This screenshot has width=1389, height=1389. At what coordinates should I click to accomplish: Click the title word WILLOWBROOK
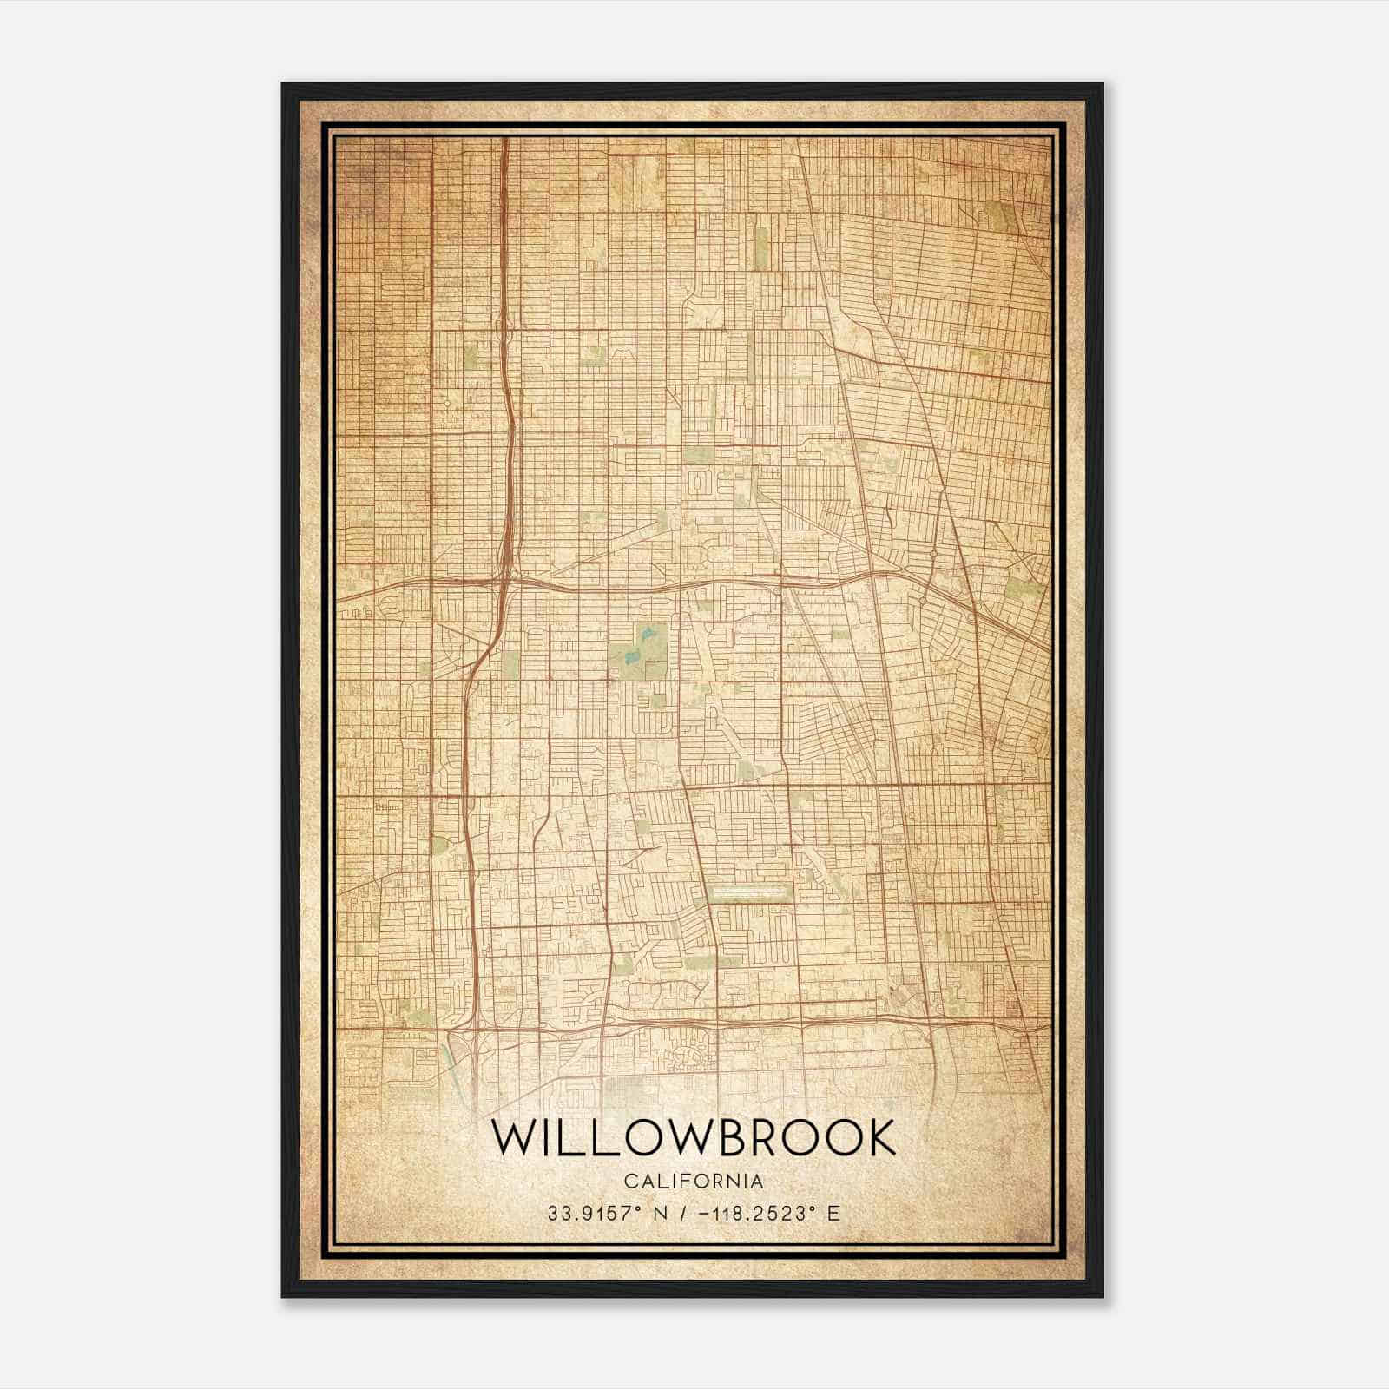coord(694,1137)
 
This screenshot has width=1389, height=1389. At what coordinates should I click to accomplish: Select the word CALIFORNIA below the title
coord(694,1181)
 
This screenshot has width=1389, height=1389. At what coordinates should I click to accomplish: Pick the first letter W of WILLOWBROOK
coord(513,1137)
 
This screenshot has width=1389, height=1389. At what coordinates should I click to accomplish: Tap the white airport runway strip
coord(751,891)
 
